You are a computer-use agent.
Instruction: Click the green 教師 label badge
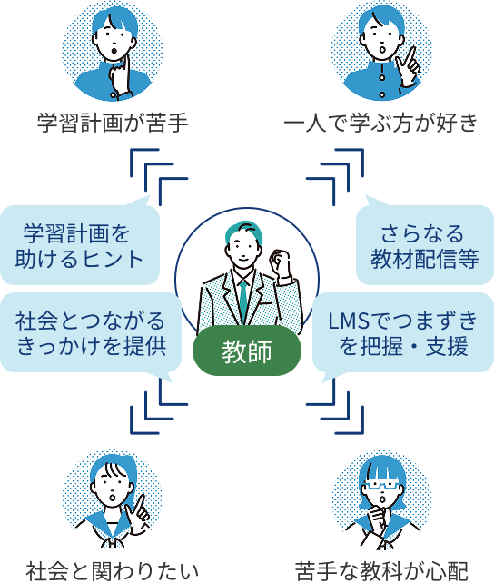[x=246, y=351]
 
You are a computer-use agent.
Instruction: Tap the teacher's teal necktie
[x=243, y=301]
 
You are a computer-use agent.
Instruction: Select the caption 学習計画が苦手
[x=113, y=123]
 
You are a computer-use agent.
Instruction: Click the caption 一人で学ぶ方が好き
[x=380, y=123]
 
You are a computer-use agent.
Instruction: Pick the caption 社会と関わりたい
[x=113, y=570]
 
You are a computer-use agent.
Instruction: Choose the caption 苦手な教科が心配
[x=381, y=570]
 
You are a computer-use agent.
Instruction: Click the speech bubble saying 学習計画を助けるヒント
[x=80, y=244]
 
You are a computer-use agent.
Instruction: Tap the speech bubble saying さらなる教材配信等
[x=425, y=244]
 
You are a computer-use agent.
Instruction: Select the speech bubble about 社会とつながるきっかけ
[x=90, y=332]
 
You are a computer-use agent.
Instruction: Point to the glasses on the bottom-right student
[x=381, y=485]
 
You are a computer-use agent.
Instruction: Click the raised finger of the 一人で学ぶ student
[x=410, y=55]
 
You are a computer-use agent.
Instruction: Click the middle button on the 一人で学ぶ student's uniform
[x=381, y=77]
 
